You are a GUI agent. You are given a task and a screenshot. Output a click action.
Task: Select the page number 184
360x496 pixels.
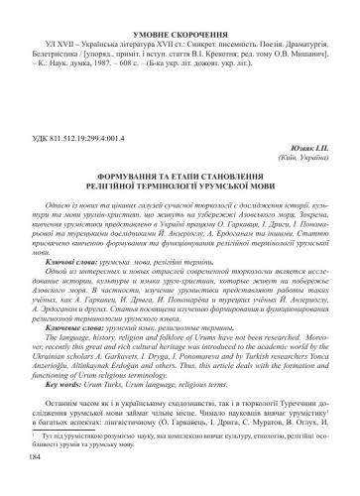tap(37, 485)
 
